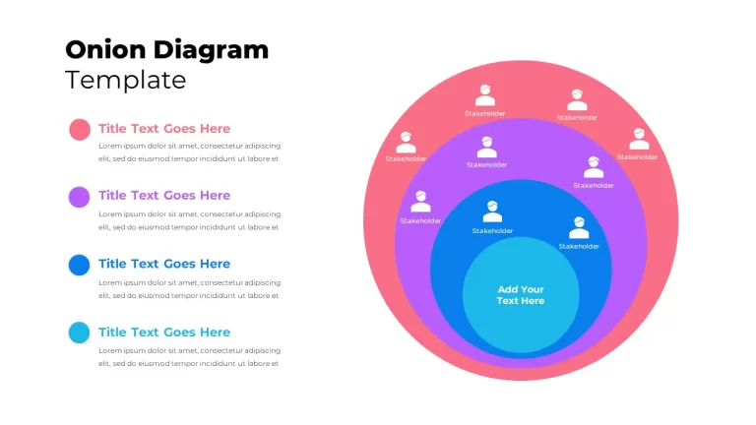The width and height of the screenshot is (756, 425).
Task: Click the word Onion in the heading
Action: point(105,49)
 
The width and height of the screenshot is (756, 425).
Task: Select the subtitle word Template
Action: point(125,80)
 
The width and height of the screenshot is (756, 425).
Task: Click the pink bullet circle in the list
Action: point(80,130)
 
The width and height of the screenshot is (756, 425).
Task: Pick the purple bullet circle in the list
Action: point(79,197)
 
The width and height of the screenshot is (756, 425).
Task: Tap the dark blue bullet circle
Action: point(79,265)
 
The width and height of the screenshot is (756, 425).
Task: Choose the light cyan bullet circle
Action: point(79,333)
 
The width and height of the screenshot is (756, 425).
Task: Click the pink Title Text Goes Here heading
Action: point(164,129)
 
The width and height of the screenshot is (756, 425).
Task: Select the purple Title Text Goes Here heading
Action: point(164,195)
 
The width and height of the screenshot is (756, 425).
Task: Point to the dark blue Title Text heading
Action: point(164,264)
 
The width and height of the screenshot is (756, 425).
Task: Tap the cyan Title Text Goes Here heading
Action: point(164,332)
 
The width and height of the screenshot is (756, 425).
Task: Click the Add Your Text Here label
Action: point(521,295)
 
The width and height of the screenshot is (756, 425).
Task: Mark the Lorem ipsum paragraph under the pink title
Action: point(189,152)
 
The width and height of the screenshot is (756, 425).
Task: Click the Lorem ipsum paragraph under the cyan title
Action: point(189,357)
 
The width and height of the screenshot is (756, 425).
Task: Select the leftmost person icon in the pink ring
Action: point(406,142)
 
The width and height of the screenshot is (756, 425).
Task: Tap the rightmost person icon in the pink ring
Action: point(639,139)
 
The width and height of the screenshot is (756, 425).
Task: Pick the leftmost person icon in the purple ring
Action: point(420,202)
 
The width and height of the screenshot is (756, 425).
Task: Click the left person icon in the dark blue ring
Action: point(492,212)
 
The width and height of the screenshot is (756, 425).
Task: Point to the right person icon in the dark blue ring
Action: point(579,228)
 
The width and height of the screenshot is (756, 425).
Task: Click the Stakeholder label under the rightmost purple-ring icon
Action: point(594,186)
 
